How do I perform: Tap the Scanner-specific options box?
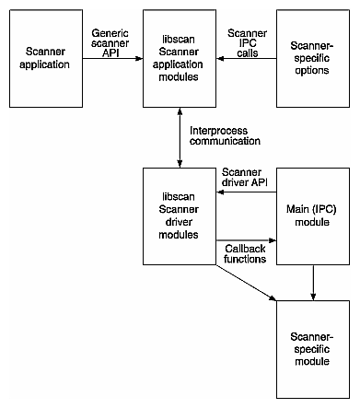click(x=313, y=59)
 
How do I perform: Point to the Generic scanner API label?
click(x=111, y=41)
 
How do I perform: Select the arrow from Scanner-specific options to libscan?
click(x=246, y=60)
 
